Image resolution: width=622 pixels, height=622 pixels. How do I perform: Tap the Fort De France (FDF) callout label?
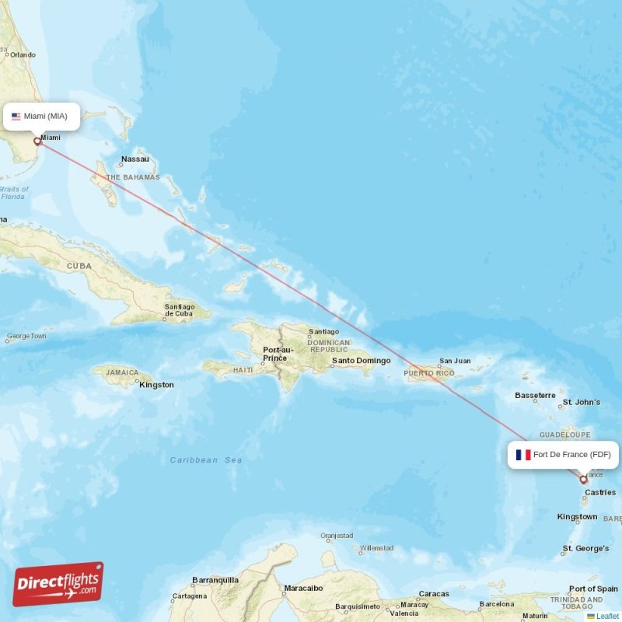[x=564, y=455]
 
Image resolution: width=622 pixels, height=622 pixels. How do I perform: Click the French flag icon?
[x=523, y=455]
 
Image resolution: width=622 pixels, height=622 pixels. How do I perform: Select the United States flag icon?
[x=16, y=117]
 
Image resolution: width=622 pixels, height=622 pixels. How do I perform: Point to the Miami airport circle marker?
[x=37, y=142]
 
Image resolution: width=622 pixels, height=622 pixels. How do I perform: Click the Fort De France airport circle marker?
[x=583, y=480]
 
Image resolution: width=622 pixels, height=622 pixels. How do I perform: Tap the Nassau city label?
[x=135, y=159]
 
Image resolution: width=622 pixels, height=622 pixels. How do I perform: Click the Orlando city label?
[x=23, y=54]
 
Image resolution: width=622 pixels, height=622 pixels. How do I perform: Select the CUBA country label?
[x=79, y=266]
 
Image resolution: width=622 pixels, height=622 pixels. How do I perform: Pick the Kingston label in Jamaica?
[x=156, y=385]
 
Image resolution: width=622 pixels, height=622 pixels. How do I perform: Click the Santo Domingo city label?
[x=361, y=361]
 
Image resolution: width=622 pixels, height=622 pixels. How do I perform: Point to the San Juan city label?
[x=455, y=361]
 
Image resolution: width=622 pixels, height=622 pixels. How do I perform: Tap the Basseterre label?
[x=535, y=396]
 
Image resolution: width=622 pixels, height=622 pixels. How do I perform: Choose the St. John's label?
[x=582, y=402]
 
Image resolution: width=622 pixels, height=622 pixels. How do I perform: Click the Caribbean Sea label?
[x=206, y=460]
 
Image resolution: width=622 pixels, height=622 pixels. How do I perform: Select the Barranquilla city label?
[x=215, y=579]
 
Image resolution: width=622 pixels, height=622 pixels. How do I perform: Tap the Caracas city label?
[x=434, y=594]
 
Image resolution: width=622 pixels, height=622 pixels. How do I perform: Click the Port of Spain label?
[x=593, y=589]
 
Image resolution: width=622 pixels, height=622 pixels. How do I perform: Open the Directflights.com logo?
[x=58, y=584]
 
